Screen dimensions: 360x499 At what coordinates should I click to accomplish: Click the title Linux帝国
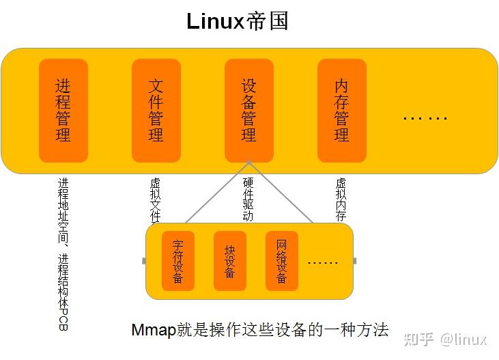[x=238, y=21]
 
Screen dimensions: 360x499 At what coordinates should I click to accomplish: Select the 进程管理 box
[x=63, y=110]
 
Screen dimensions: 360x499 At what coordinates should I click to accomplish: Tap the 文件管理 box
[x=156, y=110]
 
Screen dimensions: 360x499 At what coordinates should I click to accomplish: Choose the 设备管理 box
[x=248, y=110]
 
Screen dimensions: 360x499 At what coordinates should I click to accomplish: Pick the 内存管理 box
[x=341, y=110]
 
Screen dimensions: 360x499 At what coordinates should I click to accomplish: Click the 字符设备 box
[x=177, y=261]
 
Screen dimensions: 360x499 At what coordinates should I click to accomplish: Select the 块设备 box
[x=229, y=261]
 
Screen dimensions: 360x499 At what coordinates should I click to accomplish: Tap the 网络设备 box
[x=281, y=261]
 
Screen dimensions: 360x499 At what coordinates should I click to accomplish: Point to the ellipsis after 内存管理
[x=425, y=118]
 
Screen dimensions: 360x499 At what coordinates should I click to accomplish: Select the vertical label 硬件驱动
[x=248, y=199]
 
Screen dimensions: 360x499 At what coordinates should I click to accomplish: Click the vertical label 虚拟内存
[x=341, y=199]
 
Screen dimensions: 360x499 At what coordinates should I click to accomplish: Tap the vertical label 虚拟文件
[x=155, y=200]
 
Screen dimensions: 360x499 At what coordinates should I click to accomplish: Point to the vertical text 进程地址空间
[x=63, y=208]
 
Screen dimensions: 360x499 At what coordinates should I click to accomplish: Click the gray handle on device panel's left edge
[x=143, y=261]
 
